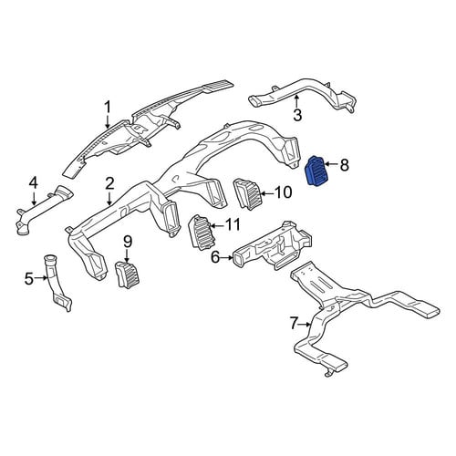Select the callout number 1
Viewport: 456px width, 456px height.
coord(108,108)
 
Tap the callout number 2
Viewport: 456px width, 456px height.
coord(109,183)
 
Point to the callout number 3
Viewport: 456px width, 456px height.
coord(297,115)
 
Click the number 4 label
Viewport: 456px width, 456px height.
coord(34,183)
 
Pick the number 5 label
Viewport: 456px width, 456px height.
coord(29,278)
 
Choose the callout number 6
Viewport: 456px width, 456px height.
coord(215,258)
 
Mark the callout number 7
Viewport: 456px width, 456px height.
coord(293,324)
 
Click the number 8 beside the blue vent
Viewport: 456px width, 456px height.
coord(344,165)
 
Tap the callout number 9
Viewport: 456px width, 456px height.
coord(128,242)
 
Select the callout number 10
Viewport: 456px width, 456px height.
coord(284,192)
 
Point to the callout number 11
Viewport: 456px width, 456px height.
coord(233,225)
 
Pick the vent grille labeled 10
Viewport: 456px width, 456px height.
coord(246,194)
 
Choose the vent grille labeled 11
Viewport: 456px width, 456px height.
coord(202,233)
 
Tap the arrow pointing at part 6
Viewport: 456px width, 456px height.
coord(227,258)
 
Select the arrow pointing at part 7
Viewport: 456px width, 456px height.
coord(305,325)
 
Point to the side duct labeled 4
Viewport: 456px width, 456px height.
coord(43,210)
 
